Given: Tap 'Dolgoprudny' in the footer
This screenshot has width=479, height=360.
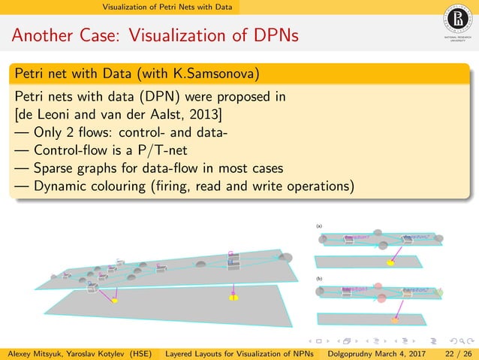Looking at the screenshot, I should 358,353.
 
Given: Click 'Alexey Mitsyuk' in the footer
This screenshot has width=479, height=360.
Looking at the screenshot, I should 35,353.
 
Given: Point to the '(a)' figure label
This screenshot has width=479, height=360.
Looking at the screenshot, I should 319,225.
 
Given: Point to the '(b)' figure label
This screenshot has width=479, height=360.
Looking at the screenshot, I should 319,278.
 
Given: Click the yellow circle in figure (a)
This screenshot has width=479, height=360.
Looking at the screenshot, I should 390,262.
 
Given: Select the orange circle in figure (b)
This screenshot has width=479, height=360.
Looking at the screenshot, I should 395,320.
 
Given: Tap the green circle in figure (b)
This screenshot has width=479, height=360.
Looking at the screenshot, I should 440,291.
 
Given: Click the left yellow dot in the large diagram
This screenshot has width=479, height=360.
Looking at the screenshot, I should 115,301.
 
